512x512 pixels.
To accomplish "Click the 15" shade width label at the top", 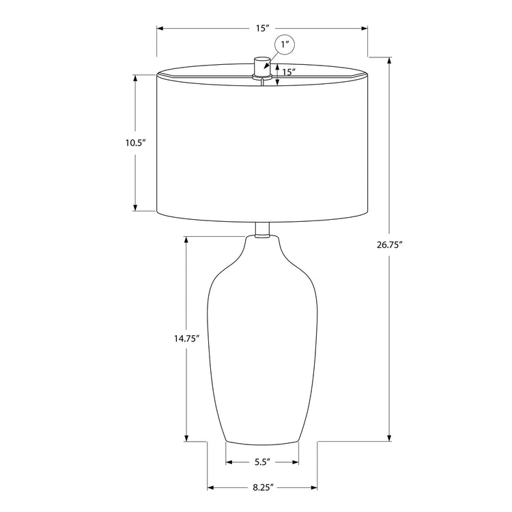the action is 262,28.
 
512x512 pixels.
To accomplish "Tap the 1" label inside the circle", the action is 285,44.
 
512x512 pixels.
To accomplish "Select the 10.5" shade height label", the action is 135,143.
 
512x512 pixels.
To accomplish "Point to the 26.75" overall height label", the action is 388,245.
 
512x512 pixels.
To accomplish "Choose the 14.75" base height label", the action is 186,339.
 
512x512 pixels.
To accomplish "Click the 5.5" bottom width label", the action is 263,462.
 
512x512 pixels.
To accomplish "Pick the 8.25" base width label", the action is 263,488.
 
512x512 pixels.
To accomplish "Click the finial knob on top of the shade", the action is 262,68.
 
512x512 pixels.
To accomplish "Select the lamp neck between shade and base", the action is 262,229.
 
